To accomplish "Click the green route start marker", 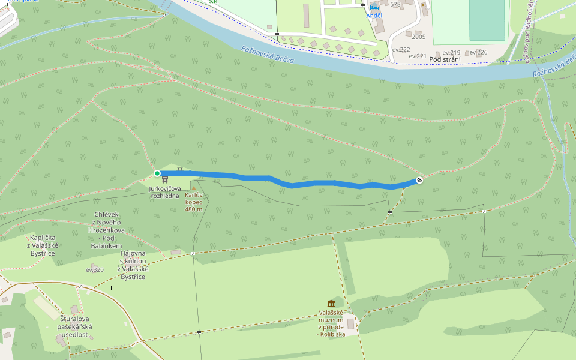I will click(157, 173).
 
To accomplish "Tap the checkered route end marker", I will click(419, 180).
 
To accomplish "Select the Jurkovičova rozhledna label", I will click(165, 192).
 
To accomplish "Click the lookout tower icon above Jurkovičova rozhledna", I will click(165, 180).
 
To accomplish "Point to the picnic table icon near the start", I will click(180, 169).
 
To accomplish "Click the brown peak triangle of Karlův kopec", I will click(193, 188).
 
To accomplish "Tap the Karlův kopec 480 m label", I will click(194, 202).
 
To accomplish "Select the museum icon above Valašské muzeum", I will click(331, 304).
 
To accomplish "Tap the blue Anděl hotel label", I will click(374, 15).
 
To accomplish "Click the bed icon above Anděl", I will click(374, 7).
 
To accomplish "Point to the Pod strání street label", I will click(445, 59).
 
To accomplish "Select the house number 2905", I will click(419, 37).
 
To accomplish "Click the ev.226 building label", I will click(478, 52).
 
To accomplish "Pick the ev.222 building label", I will click(401, 49).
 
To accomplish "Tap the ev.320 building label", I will click(95, 269).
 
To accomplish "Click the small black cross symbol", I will click(111, 288).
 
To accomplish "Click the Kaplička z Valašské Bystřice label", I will click(42, 246).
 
